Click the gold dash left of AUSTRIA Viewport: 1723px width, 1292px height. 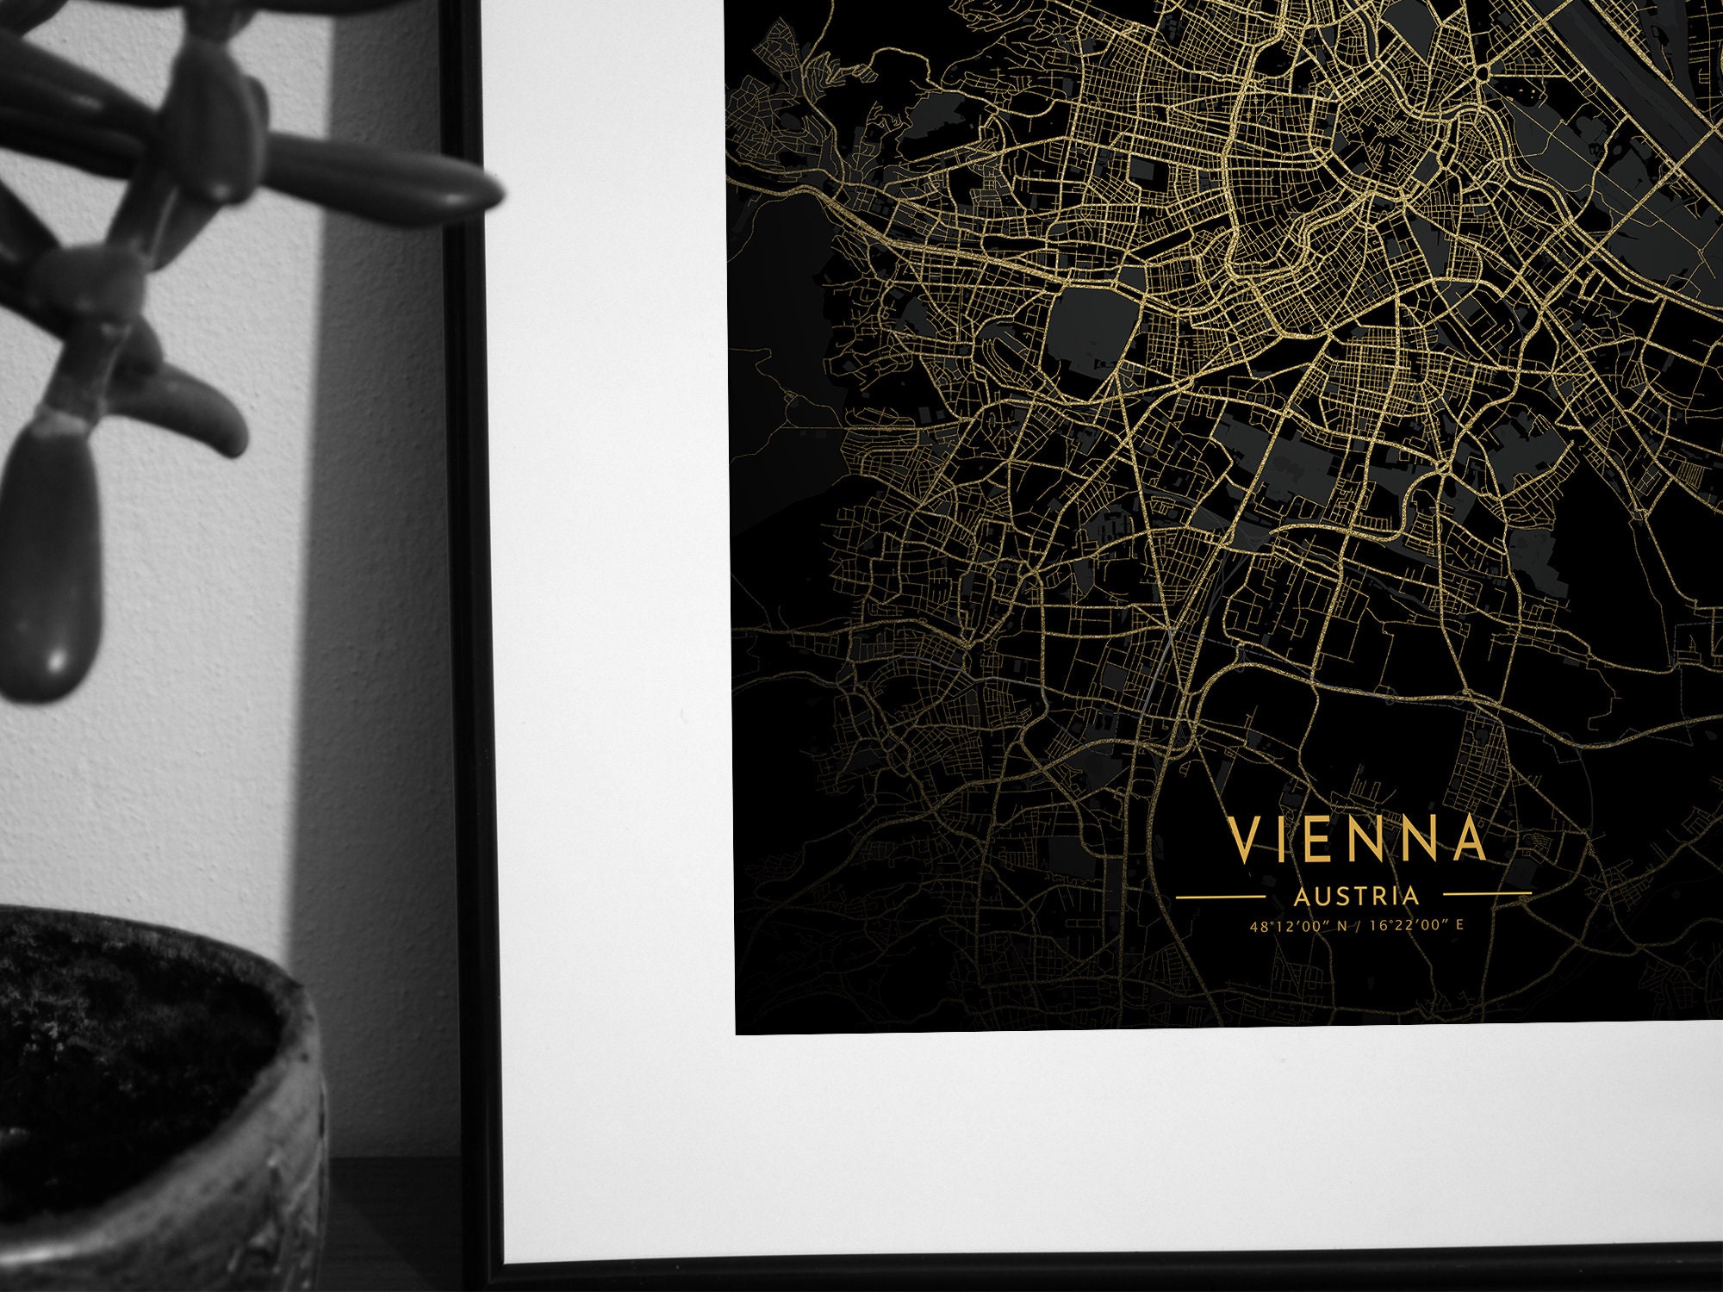point(1232,897)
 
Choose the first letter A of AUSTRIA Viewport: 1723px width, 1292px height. point(1301,897)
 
